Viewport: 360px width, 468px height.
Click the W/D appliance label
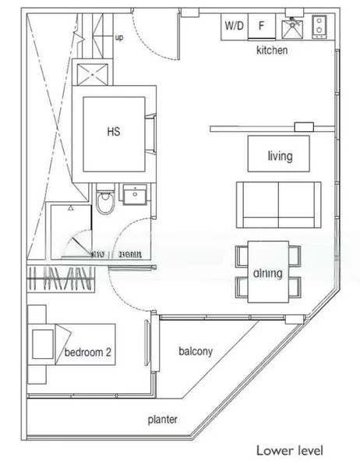234,25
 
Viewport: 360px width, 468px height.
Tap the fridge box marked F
262,25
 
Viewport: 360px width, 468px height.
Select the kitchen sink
292,28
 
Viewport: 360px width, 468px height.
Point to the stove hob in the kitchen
319,27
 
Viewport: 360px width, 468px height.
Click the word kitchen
272,51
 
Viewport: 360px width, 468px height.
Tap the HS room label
114,131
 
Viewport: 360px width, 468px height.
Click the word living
279,156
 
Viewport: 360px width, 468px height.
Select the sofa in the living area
278,204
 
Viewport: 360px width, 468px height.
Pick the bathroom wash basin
134,194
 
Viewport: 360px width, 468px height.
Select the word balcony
195,351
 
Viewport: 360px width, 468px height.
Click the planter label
163,420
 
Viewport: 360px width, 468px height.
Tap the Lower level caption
288,451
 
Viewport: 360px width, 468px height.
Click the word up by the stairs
118,37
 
